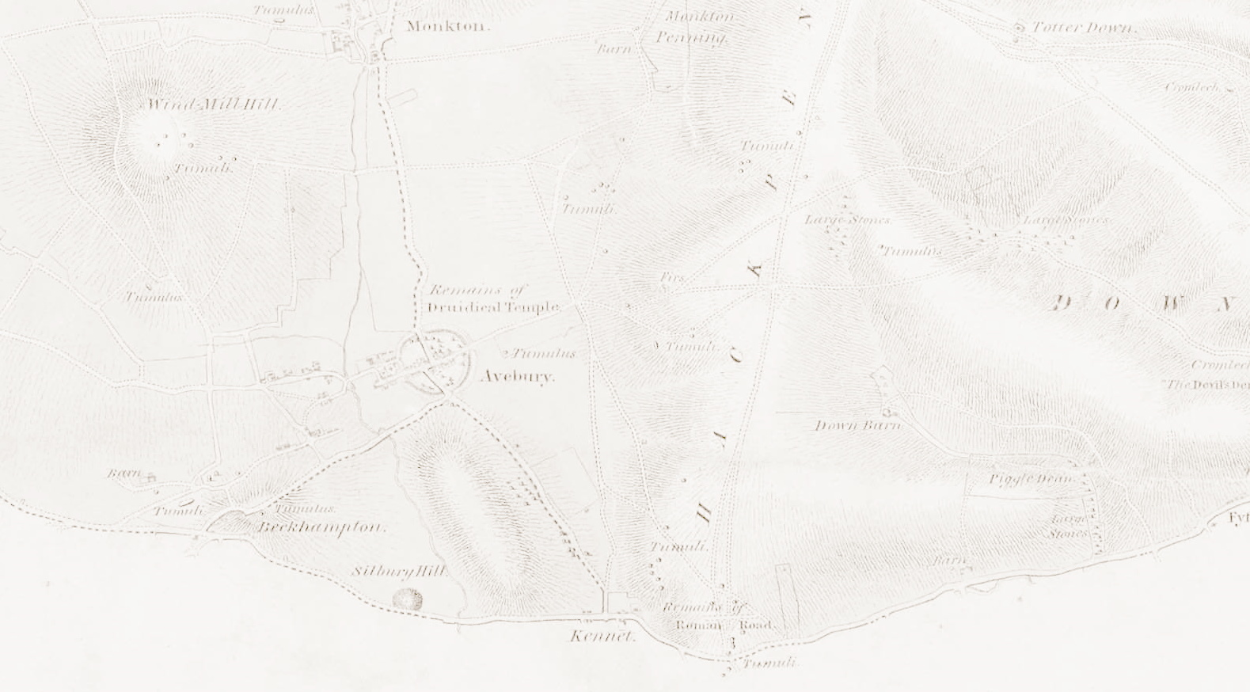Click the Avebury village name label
518,376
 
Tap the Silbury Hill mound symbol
408,599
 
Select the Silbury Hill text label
399,571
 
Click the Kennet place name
602,636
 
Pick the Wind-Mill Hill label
214,105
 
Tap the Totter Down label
1085,29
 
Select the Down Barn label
858,426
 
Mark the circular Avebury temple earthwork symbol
435,364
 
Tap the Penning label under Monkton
690,38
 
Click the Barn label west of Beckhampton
124,473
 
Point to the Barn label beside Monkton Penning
614,49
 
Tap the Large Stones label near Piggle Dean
1068,526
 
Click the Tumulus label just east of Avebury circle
544,353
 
